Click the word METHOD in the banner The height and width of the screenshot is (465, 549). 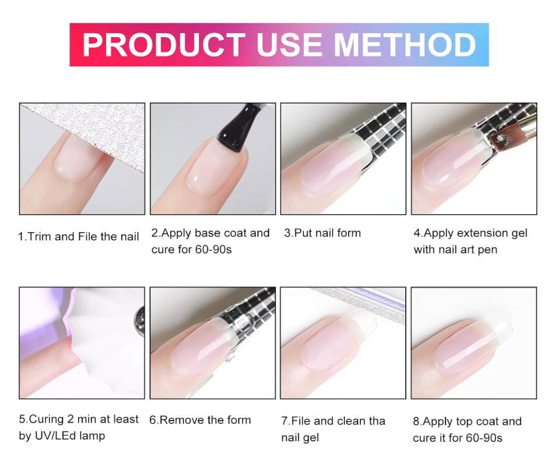(x=404, y=45)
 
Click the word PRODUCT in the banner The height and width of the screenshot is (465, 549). (x=164, y=45)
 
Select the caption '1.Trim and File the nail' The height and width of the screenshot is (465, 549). (x=78, y=237)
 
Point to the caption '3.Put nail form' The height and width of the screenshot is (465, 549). (x=322, y=233)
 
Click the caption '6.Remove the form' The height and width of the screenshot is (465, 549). (x=200, y=420)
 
